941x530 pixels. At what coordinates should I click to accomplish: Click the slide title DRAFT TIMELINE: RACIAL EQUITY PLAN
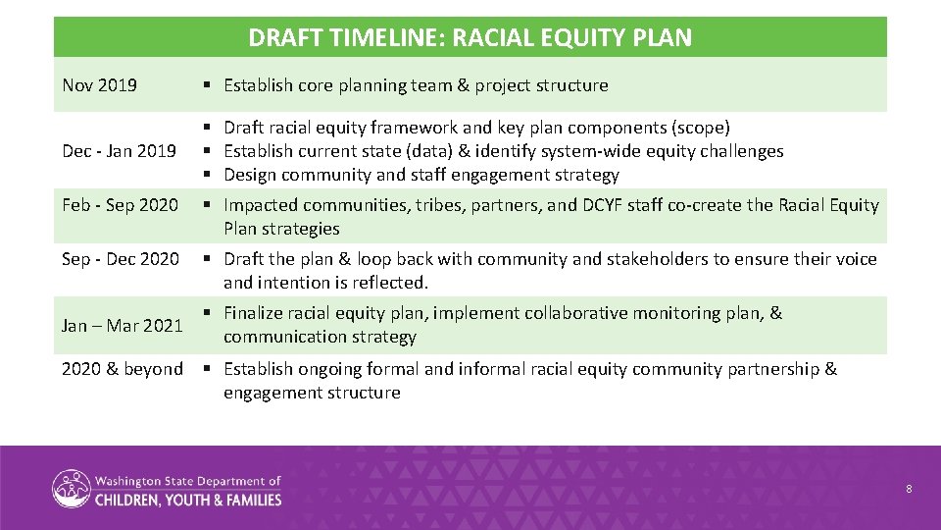point(470,38)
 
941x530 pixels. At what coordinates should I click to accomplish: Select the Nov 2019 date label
point(99,85)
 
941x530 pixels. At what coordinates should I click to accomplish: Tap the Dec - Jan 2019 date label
point(119,151)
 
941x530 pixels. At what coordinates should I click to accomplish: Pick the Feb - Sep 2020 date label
point(120,205)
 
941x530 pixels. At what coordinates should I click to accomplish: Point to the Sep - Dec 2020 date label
point(120,259)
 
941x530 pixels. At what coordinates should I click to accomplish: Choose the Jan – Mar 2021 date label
point(122,325)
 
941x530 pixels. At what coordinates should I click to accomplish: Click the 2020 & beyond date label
point(122,369)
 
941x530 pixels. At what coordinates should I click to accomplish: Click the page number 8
point(909,488)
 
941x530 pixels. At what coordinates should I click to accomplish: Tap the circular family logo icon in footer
point(71,489)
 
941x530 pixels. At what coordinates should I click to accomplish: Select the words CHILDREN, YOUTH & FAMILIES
point(188,499)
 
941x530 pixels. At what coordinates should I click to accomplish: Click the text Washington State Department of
point(188,481)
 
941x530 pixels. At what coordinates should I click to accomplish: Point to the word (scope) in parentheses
point(700,128)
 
